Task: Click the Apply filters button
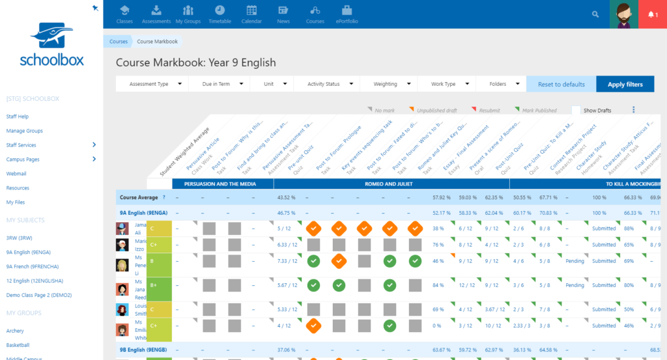(625, 84)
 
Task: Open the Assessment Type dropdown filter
(152, 84)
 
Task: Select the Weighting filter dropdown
(391, 84)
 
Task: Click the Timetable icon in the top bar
(220, 14)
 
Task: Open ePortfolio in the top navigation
(347, 14)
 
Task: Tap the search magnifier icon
(595, 14)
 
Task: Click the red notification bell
(652, 14)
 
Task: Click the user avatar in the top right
(623, 14)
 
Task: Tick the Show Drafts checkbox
(576, 111)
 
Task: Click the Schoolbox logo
(51, 46)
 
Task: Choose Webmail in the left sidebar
(16, 174)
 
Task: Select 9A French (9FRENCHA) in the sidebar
(30, 266)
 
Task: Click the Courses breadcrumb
(119, 41)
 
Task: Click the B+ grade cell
(160, 285)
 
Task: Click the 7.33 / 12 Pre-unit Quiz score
(287, 261)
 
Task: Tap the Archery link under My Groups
(15, 331)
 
